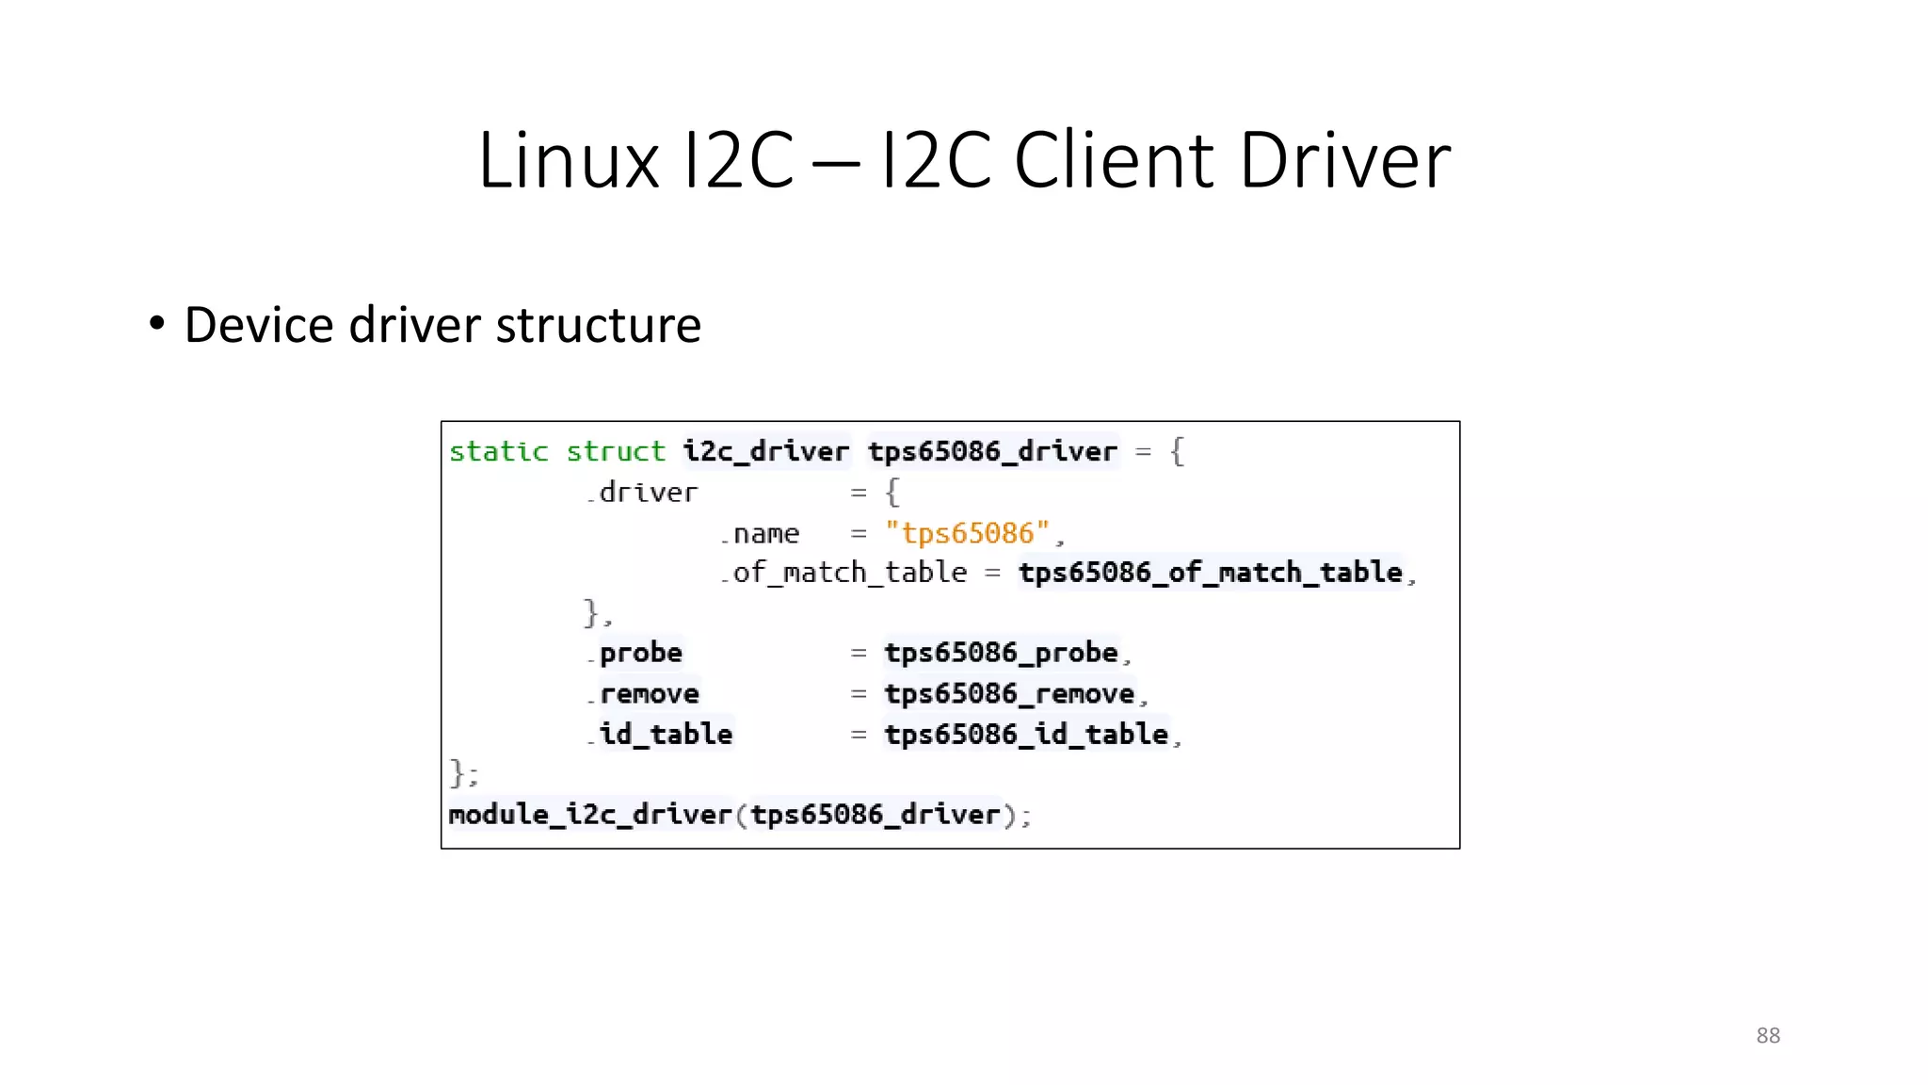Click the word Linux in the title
tap(569, 161)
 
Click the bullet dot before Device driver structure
tap(157, 324)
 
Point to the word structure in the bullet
tap(598, 326)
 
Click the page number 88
tap(1768, 1035)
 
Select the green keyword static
tap(498, 452)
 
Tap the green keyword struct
tap(615, 452)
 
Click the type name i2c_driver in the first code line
tap(765, 452)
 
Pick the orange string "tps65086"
tap(967, 533)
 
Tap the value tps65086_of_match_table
tap(1211, 573)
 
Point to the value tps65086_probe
tap(1001, 653)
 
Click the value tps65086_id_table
tap(1026, 734)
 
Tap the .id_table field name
tap(663, 734)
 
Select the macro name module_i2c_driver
tap(589, 815)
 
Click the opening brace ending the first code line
tap(1177, 452)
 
